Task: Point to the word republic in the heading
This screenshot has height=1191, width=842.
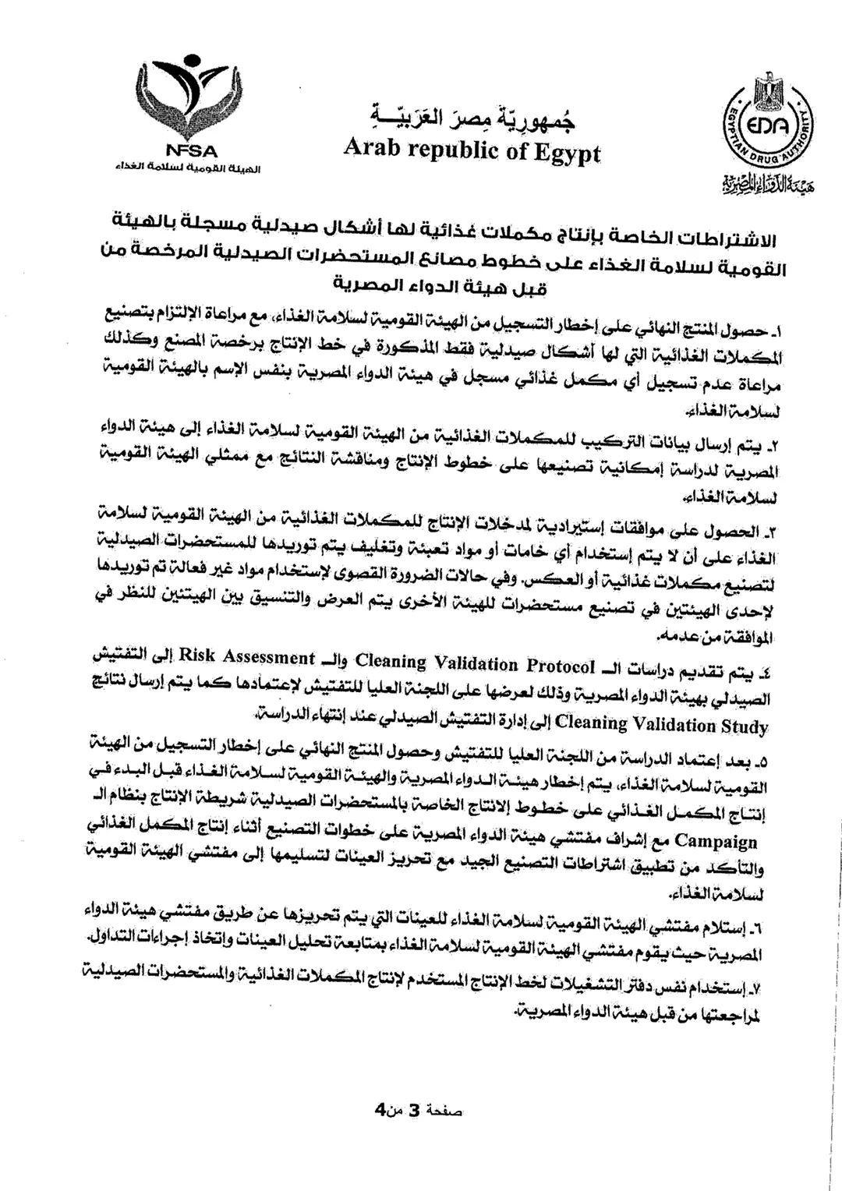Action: tap(450, 150)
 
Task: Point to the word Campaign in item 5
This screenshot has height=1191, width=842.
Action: tap(716, 841)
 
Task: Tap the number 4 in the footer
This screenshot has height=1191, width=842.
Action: tap(380, 1109)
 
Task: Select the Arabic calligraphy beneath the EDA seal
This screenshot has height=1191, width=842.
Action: tap(764, 187)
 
